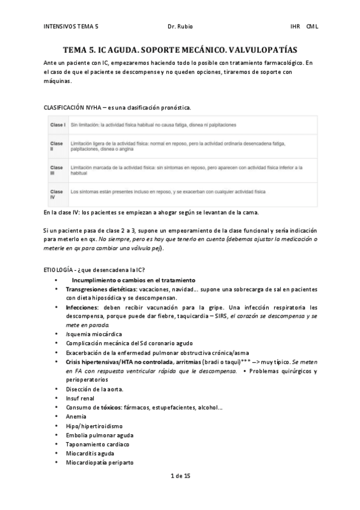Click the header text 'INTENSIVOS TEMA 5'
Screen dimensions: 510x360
tap(71, 26)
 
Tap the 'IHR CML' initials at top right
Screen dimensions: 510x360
tap(304, 26)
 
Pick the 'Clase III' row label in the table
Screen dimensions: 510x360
tap(56, 170)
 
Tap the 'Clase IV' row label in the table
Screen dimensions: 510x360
tap(56, 193)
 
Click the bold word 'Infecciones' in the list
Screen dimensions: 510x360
tap(83, 307)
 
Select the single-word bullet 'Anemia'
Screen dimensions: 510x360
tap(76, 416)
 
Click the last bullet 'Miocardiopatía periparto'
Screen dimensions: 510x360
tap(100, 462)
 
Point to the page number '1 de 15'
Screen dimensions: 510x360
tap(180, 476)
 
